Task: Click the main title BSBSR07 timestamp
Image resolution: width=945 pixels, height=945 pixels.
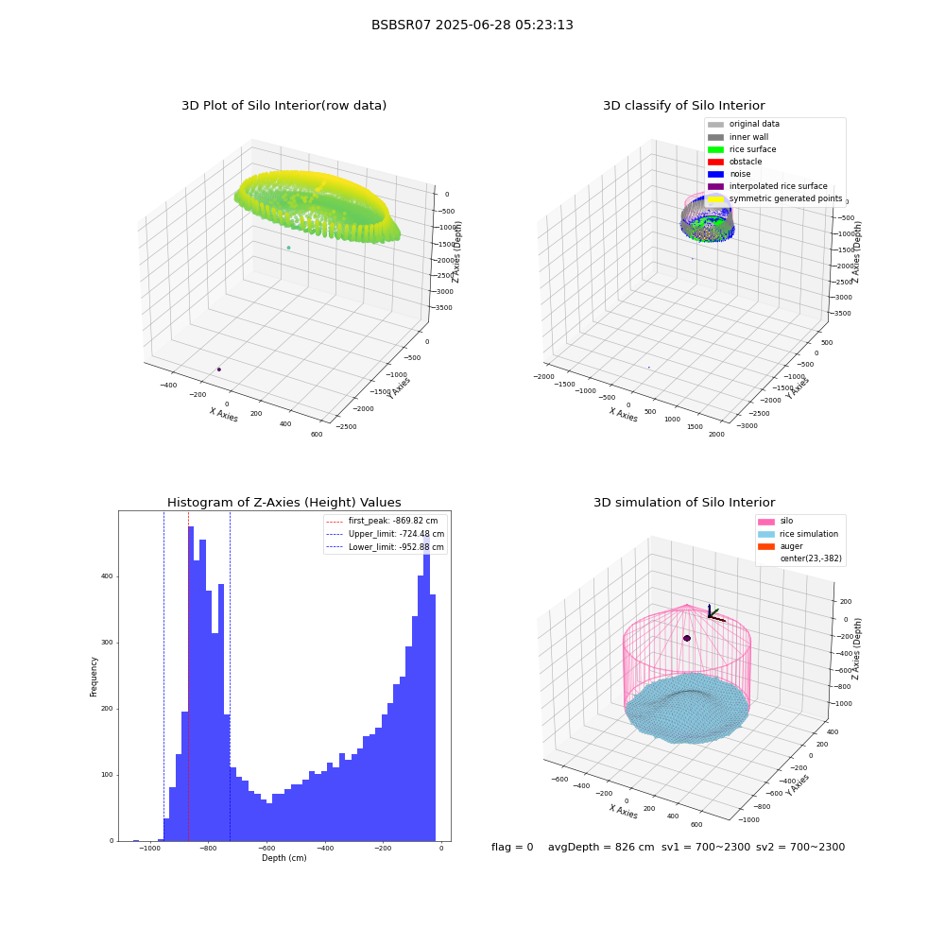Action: click(x=472, y=25)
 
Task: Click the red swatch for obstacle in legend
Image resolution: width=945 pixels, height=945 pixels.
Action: click(x=715, y=162)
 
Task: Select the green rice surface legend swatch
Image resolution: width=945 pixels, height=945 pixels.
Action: click(x=715, y=149)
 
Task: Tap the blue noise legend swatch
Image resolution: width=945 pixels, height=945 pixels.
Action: click(x=715, y=174)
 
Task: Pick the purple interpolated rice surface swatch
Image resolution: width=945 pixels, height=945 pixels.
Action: click(x=715, y=186)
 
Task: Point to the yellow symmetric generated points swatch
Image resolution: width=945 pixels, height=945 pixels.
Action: click(x=715, y=198)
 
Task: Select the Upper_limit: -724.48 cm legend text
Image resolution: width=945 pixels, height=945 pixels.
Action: click(x=396, y=534)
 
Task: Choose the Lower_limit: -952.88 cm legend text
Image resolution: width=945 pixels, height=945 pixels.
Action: click(x=396, y=547)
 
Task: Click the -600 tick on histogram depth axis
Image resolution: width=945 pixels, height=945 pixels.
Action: click(x=267, y=848)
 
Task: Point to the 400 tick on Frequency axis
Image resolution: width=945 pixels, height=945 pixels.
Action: click(x=107, y=576)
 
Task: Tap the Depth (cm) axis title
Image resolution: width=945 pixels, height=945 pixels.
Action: click(x=283, y=858)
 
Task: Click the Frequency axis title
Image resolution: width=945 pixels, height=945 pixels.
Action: click(x=94, y=677)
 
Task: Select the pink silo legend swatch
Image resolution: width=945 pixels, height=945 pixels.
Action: click(x=766, y=522)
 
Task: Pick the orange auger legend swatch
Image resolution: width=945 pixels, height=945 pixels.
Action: click(x=766, y=546)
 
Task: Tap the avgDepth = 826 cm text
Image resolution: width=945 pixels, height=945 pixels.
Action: click(x=601, y=847)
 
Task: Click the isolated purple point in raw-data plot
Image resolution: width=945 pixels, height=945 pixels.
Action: click(x=219, y=369)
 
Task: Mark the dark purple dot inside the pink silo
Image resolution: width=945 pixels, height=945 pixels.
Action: click(x=686, y=638)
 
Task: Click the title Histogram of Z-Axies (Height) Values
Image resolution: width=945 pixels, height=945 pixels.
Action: click(x=283, y=502)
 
